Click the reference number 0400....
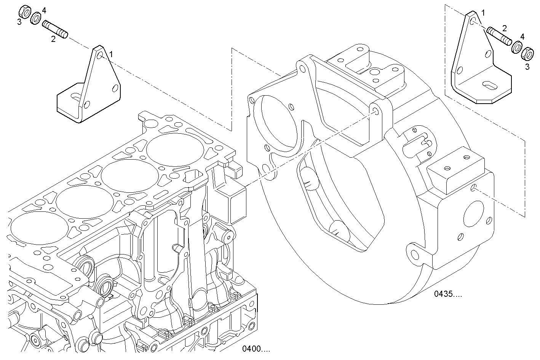click(x=256, y=349)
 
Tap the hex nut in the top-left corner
click(x=25, y=11)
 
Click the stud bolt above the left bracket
click(x=55, y=29)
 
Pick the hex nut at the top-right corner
click(x=527, y=53)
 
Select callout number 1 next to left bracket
click(x=111, y=54)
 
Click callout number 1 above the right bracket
click(x=483, y=13)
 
